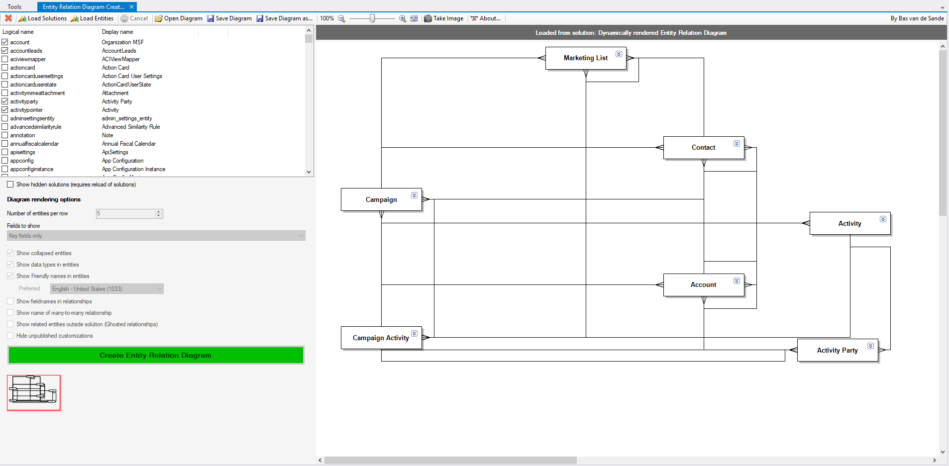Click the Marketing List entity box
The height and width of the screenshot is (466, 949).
[x=586, y=58]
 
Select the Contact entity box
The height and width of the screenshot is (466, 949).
[x=704, y=148]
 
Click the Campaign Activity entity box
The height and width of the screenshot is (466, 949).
[x=381, y=338]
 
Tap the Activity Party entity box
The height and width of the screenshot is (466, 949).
[x=838, y=350]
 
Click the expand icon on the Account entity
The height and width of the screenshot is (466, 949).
[x=737, y=281]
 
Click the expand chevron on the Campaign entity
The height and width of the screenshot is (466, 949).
[x=414, y=195]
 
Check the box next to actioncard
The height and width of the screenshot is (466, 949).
[x=5, y=68]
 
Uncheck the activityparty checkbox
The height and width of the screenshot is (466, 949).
[x=5, y=101]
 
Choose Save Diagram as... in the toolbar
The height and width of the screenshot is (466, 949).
[x=284, y=18]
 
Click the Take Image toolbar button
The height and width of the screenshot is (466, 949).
[x=443, y=18]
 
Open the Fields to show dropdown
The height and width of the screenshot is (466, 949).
[x=156, y=236]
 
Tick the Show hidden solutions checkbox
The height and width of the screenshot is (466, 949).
[x=10, y=185]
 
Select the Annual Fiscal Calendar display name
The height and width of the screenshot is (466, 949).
[x=129, y=144]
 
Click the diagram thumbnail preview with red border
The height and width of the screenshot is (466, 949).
[x=34, y=393]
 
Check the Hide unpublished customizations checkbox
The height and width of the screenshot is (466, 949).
[x=10, y=336]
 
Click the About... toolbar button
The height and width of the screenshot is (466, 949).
[x=486, y=18]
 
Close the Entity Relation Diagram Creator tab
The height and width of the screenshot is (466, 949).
[x=131, y=7]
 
